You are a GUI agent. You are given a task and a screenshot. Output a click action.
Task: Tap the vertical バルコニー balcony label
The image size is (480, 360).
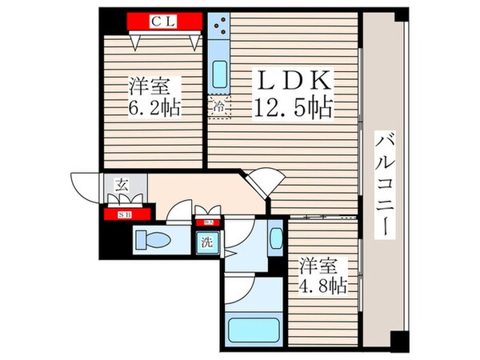tap(386, 183)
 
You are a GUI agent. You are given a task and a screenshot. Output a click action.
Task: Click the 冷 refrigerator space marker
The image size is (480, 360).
tap(218, 104)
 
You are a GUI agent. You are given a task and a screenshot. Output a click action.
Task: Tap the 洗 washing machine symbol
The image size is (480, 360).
tap(206, 241)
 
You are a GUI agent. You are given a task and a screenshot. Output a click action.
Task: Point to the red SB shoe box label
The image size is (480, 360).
tap(126, 214)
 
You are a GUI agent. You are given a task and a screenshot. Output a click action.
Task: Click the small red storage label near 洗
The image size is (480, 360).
tap(210, 222)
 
